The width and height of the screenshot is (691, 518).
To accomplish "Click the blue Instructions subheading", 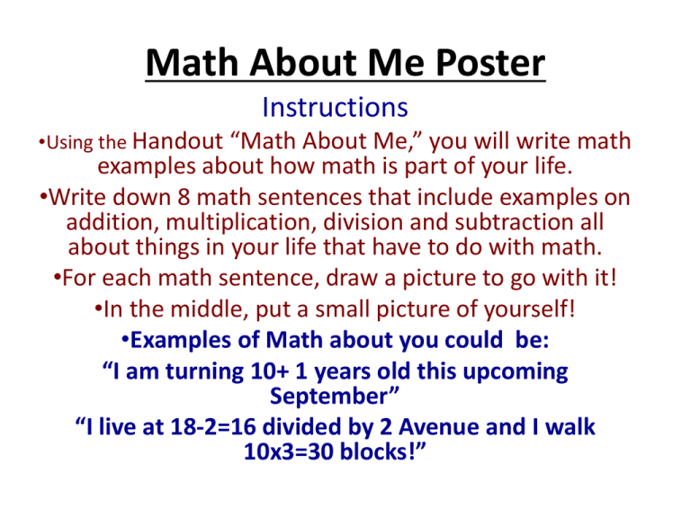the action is (x=335, y=107).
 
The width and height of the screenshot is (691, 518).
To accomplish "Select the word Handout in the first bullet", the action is (x=177, y=141).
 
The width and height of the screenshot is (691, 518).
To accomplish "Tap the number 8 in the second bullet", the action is (x=184, y=197).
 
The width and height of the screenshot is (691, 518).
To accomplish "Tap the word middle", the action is (x=207, y=308).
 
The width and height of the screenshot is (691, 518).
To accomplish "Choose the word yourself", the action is (x=528, y=309).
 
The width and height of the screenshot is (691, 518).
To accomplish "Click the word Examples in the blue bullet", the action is (x=181, y=341).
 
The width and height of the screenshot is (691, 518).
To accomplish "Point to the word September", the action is (x=328, y=397).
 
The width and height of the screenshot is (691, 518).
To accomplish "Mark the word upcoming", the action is (x=516, y=371).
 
